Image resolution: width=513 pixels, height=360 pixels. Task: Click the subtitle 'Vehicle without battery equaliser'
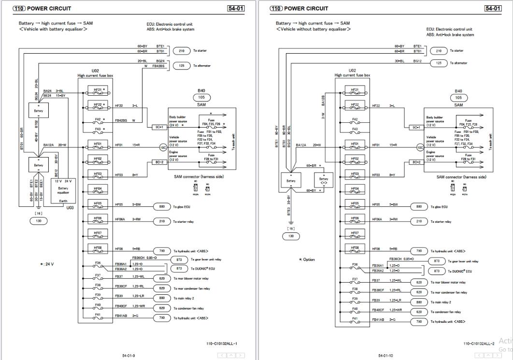(x=313, y=29)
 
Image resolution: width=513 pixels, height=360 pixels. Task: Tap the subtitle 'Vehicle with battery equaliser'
(x=53, y=29)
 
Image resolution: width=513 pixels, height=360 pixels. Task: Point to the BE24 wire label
(x=47, y=96)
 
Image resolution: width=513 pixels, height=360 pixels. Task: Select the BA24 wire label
(x=47, y=90)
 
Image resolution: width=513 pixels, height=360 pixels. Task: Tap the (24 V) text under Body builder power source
(x=174, y=125)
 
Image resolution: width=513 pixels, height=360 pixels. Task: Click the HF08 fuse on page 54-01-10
(x=355, y=248)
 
